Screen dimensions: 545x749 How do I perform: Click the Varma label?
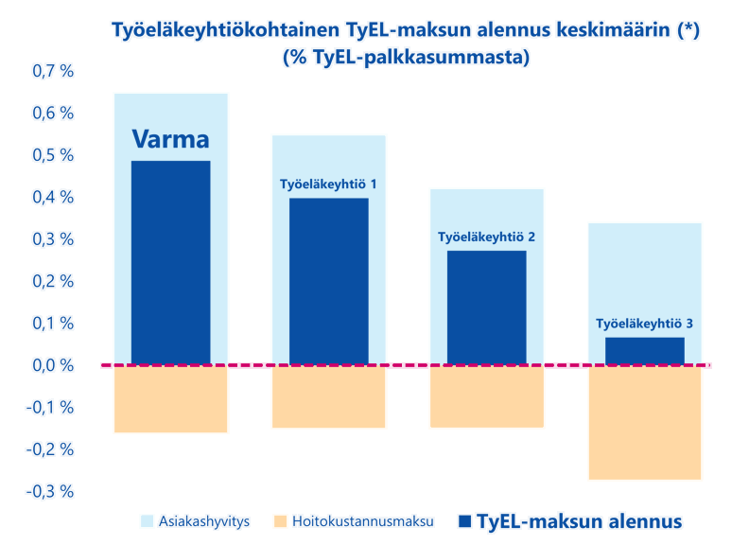(170, 140)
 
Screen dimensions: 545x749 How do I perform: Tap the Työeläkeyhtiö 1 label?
(329, 184)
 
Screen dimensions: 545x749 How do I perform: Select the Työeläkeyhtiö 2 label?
(487, 237)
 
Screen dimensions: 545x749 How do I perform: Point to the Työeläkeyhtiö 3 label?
(645, 324)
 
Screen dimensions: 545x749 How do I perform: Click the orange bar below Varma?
(170, 400)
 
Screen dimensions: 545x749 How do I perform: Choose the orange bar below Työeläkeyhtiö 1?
(329, 398)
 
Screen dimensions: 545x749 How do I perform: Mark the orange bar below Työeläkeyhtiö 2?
(487, 398)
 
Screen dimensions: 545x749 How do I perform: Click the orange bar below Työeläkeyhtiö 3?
(645, 424)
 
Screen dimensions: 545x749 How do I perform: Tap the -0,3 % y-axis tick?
(49, 491)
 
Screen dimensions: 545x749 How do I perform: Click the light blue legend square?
(147, 521)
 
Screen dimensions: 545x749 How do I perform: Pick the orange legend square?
(279, 521)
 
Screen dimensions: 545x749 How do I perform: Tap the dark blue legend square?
(463, 521)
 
